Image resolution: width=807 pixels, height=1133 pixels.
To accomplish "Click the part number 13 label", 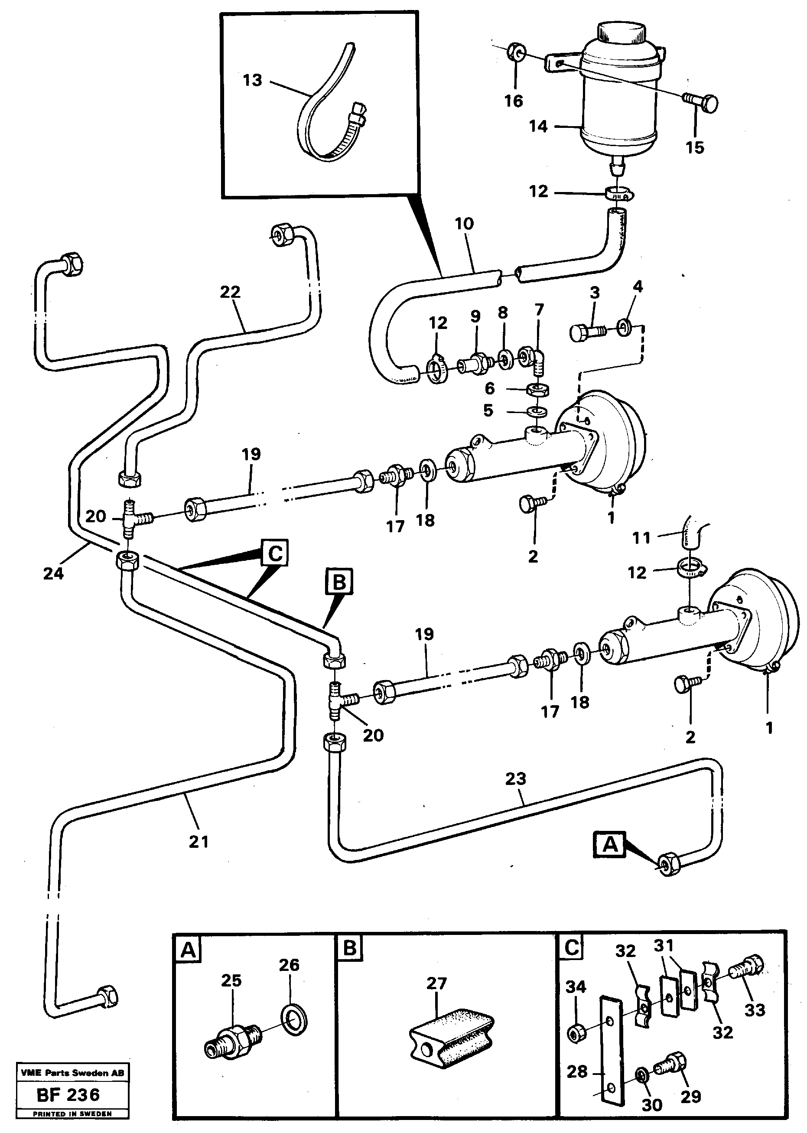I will [x=252, y=80].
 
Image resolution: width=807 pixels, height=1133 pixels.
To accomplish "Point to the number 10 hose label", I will [x=464, y=224].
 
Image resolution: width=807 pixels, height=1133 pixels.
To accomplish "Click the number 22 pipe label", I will [x=230, y=292].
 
